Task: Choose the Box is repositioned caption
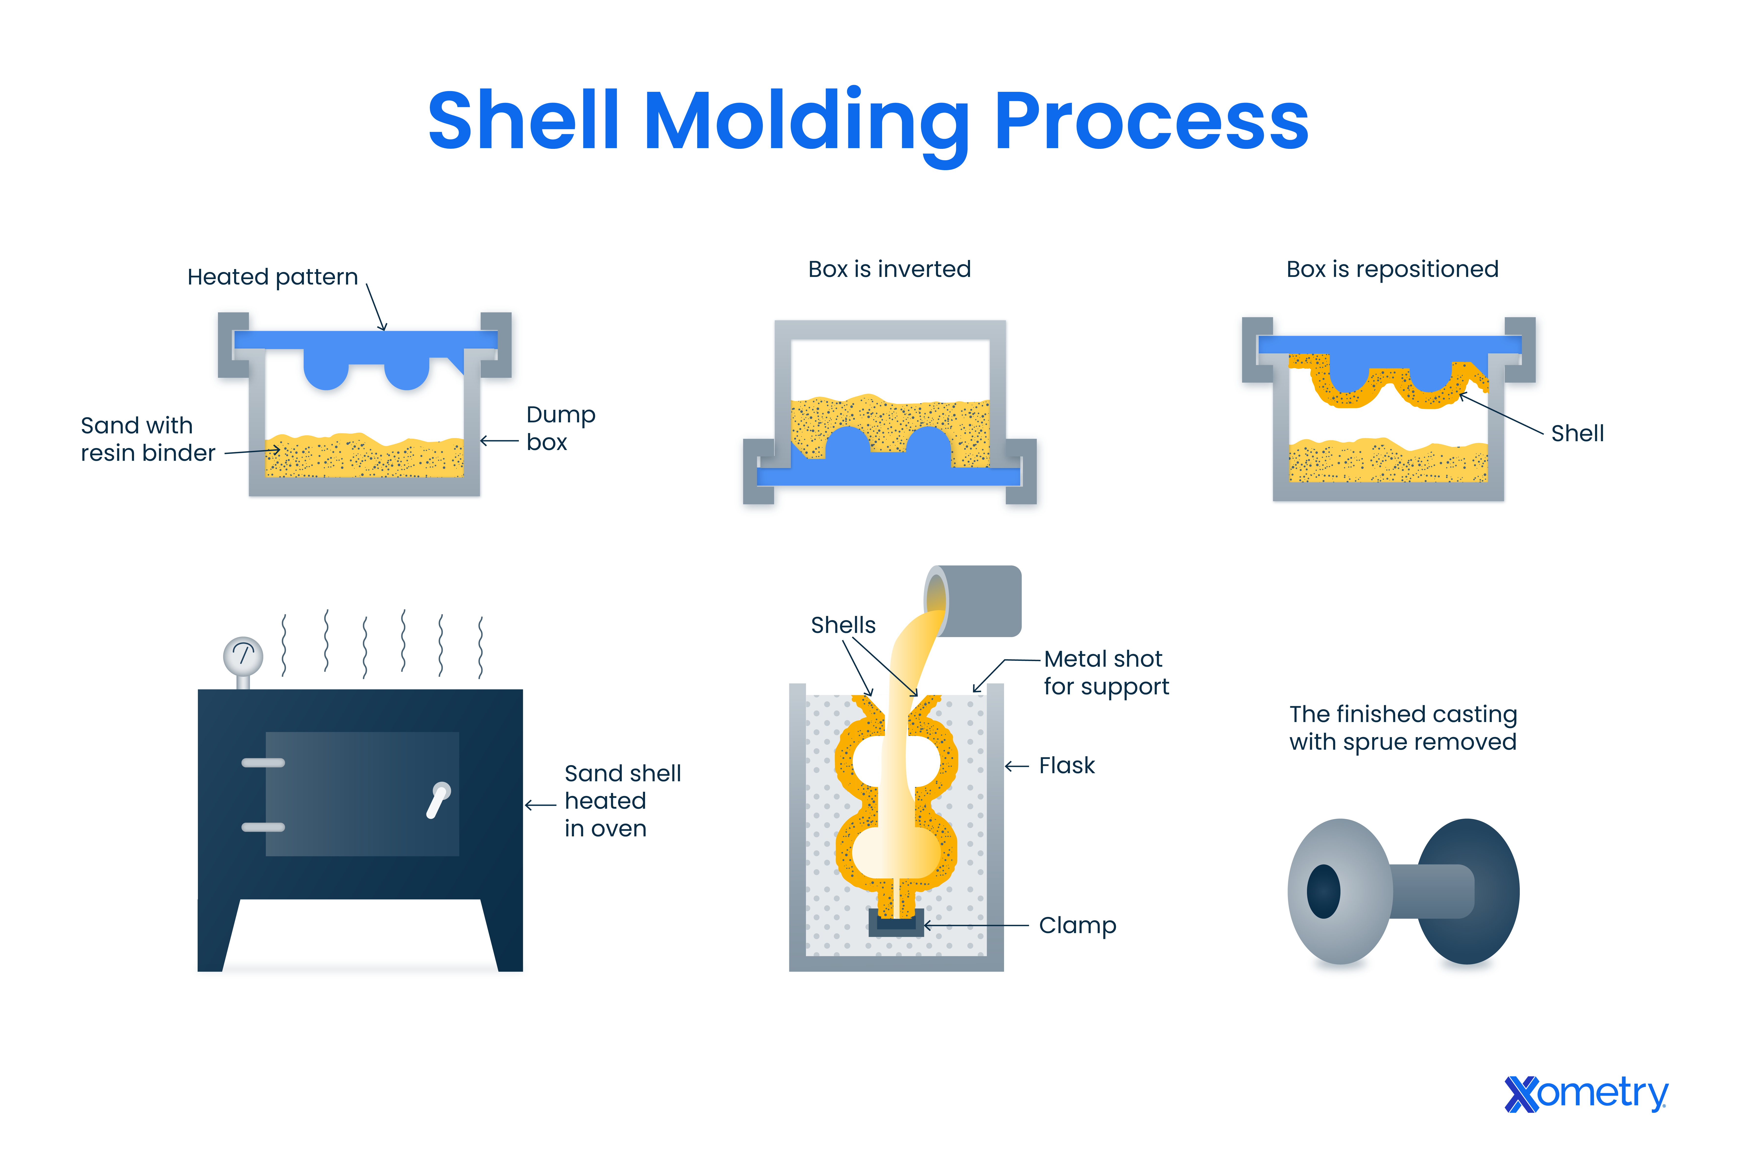(1392, 269)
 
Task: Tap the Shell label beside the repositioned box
(1577, 433)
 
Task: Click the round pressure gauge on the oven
(243, 656)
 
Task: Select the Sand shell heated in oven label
(622, 800)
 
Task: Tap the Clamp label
(1077, 925)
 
